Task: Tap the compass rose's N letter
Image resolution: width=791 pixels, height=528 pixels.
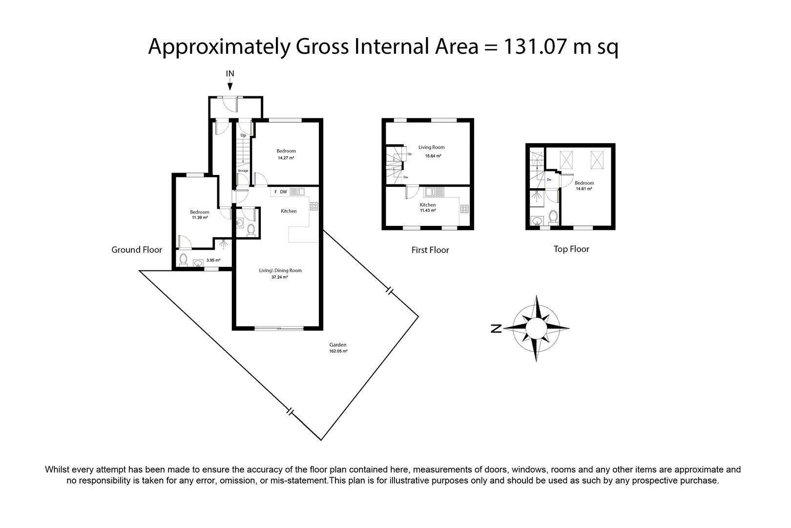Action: [496, 329]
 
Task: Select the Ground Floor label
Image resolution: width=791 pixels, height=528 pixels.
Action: [137, 250]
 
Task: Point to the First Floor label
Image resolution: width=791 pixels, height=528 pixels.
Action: [430, 250]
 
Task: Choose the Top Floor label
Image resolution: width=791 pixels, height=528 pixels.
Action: [571, 249]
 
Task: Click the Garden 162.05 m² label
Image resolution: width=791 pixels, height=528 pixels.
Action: [338, 348]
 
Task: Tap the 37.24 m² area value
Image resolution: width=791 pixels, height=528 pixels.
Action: [280, 277]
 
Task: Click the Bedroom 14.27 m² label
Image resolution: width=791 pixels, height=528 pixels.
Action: [286, 154]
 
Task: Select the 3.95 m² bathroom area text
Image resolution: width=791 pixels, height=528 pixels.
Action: [213, 260]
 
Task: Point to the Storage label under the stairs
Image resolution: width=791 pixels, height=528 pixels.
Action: [243, 171]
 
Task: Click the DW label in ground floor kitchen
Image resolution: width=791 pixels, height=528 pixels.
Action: [283, 192]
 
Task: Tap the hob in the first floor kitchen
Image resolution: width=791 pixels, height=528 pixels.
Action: [464, 209]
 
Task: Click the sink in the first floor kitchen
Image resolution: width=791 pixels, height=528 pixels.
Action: [434, 192]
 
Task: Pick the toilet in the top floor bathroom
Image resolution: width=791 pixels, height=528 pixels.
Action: [553, 218]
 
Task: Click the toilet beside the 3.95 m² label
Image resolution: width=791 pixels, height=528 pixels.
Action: [183, 260]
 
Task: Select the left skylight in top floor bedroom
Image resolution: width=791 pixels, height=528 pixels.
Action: [566, 160]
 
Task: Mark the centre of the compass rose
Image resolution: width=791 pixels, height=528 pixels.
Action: [536, 328]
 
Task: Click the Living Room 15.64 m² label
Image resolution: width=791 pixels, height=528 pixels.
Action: [432, 152]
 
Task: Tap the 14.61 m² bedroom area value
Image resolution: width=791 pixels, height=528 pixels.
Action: [584, 189]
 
